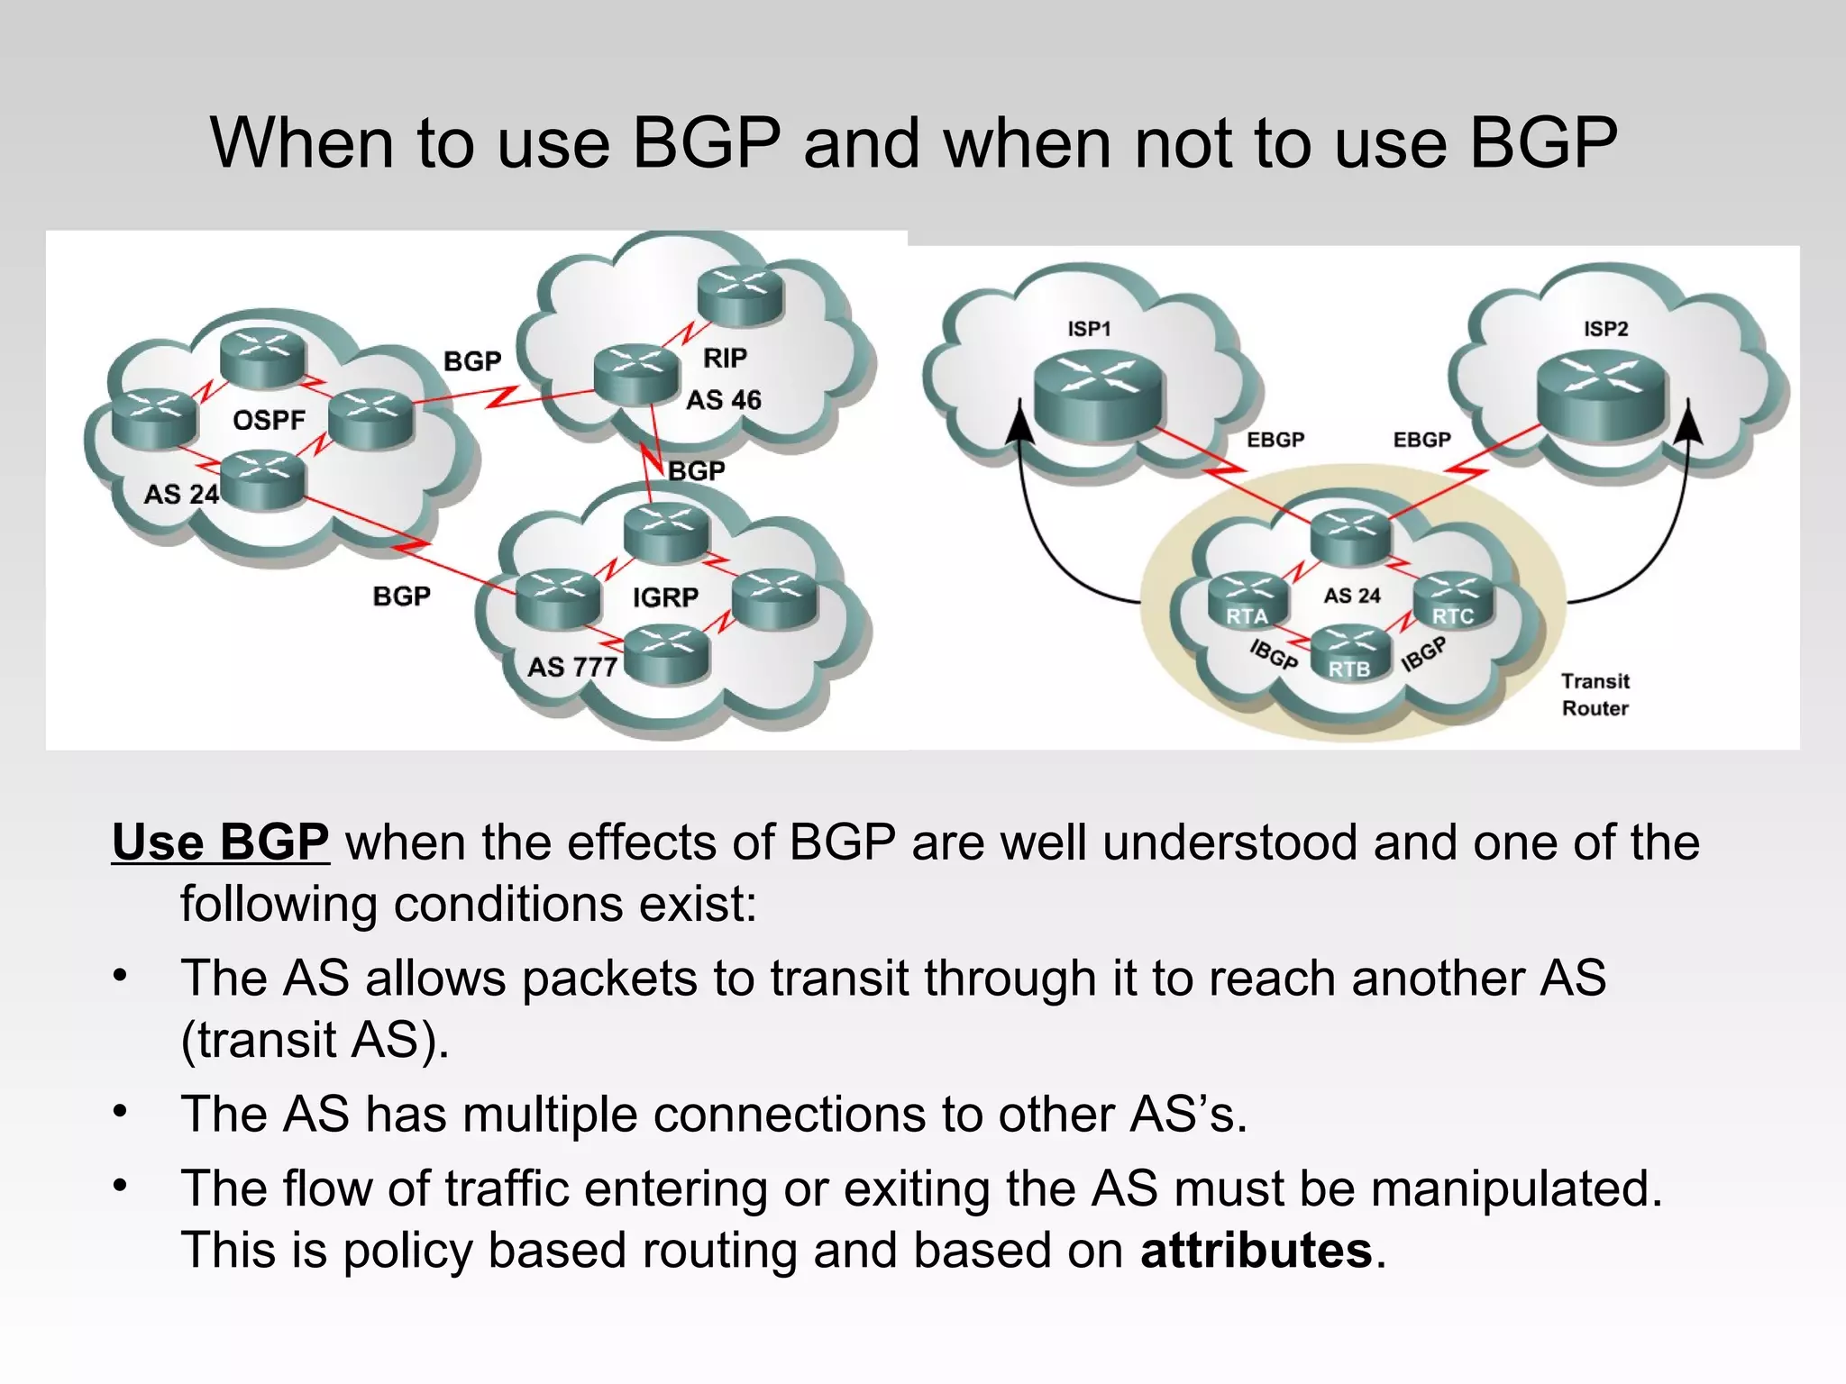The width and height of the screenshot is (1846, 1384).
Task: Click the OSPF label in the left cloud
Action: tap(269, 420)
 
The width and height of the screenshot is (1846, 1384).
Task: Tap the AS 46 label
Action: tap(723, 399)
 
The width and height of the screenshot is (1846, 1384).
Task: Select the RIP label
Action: tap(725, 358)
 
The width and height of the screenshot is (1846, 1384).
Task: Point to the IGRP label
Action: tap(664, 596)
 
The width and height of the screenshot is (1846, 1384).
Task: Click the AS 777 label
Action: tap(572, 667)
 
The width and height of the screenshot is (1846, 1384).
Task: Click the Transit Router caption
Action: tap(1595, 695)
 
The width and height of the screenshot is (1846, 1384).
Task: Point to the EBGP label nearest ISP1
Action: tap(1275, 440)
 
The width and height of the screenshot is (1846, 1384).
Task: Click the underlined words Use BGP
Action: tap(221, 842)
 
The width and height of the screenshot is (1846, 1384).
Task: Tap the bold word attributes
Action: tap(1256, 1251)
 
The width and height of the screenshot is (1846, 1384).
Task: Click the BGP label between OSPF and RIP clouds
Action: tap(472, 361)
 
